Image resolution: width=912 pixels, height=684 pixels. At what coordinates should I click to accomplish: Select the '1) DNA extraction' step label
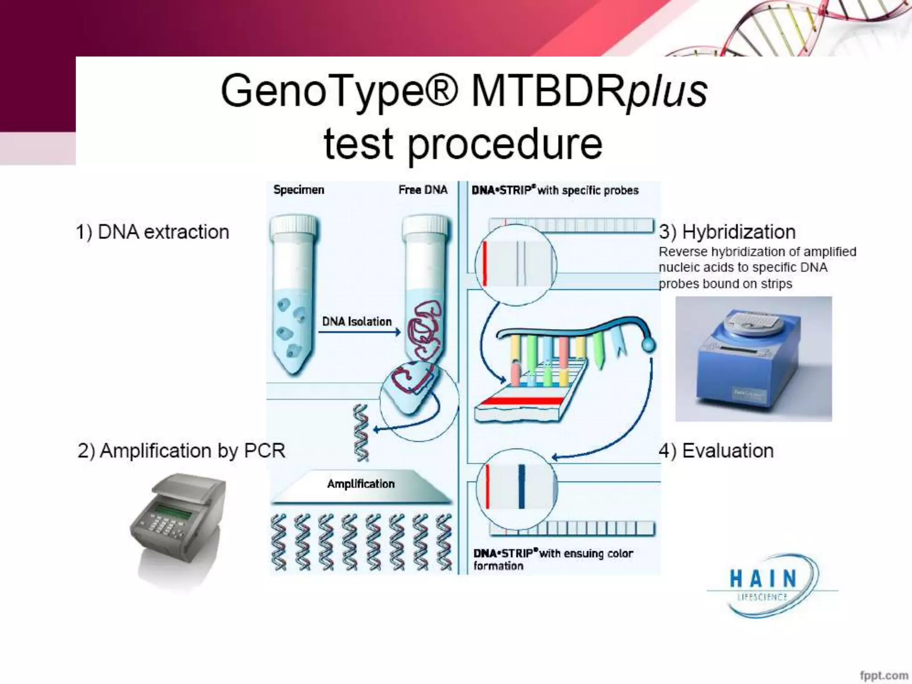pos(152,232)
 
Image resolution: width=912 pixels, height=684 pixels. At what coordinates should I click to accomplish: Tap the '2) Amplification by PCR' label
pos(181,451)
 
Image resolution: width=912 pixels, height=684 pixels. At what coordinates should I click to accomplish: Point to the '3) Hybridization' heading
pos(727,232)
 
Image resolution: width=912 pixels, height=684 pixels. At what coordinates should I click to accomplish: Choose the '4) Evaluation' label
pos(716,451)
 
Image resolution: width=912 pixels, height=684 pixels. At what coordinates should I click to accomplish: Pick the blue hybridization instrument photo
pos(753,359)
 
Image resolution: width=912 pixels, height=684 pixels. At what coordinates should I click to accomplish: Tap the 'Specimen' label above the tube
pos(299,190)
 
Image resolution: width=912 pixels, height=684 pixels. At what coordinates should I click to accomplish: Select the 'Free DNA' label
pos(423,190)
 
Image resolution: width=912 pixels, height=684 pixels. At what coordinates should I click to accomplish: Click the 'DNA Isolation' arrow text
pos(357,322)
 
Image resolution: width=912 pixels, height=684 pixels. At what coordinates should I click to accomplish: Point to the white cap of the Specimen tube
pos(293,225)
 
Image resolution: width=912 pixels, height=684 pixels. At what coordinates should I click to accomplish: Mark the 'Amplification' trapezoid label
pos(361,484)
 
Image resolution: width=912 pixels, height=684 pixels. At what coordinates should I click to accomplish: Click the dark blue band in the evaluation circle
pos(522,487)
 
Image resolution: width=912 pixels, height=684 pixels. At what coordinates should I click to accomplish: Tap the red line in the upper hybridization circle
pos(484,264)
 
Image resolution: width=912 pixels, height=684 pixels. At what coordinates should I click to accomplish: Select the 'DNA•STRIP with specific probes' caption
pos(555,190)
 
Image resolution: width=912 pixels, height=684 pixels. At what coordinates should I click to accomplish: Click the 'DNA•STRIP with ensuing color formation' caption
pos(552,559)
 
